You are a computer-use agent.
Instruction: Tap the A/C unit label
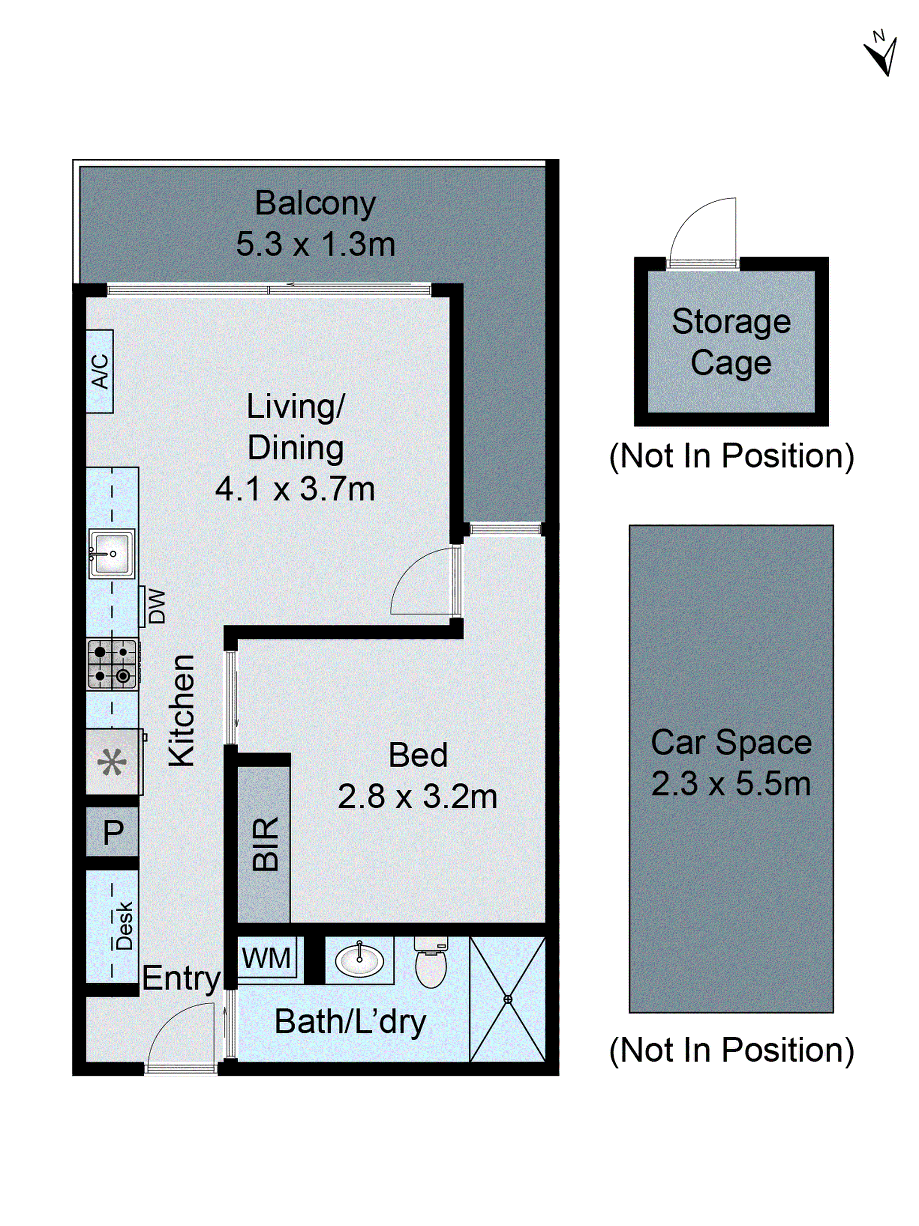click(100, 371)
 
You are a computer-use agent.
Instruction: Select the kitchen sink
click(112, 553)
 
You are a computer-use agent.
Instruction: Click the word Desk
click(124, 925)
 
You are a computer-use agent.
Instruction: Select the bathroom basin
click(359, 960)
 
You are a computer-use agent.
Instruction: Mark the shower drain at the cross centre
click(507, 999)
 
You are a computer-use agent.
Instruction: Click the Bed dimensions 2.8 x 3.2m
click(417, 797)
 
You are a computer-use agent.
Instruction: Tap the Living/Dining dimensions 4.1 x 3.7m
click(295, 490)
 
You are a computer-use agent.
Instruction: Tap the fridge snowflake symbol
click(112, 762)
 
